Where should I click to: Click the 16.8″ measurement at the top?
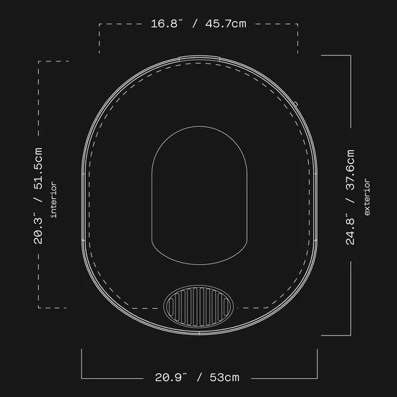click(166, 24)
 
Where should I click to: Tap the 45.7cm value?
click(226, 24)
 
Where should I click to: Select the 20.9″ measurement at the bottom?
click(170, 378)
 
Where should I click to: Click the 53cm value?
click(224, 378)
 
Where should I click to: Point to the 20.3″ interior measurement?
click(38, 230)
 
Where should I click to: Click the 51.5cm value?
click(38, 168)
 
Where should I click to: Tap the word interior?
click(53, 200)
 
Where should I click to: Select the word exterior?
click(367, 197)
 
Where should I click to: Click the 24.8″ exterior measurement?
click(350, 231)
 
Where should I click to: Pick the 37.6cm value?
click(350, 170)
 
